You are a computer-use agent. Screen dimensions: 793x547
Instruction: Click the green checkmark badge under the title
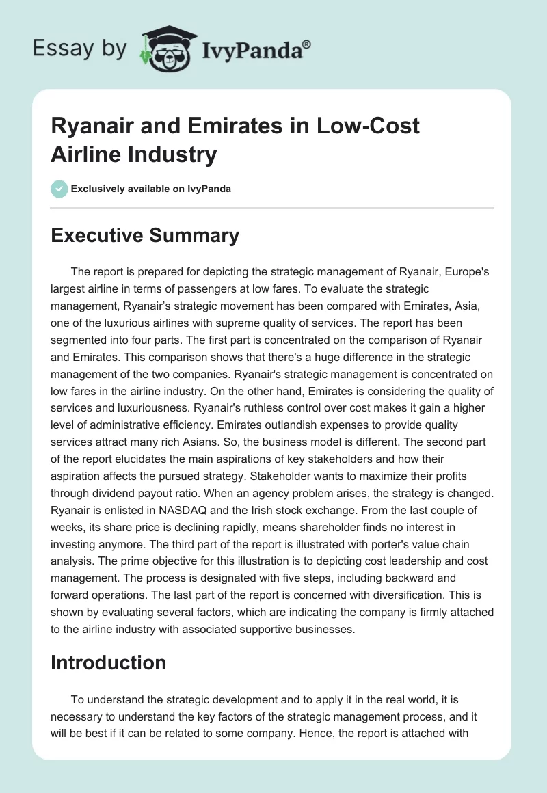59,189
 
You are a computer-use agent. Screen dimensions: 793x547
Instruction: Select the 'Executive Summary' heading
145,236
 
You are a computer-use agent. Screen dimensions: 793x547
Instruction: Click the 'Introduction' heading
109,662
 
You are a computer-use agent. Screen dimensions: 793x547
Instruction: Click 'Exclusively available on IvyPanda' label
150,189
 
